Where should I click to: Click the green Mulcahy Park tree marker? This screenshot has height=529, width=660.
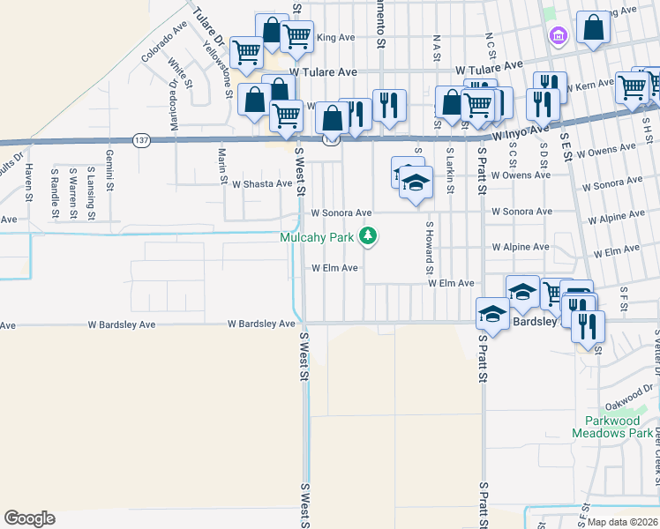(x=369, y=236)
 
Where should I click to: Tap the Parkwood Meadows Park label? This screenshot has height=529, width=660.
(x=611, y=427)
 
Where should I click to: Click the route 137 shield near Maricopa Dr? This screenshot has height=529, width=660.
(x=142, y=140)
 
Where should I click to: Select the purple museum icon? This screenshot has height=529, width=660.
(x=557, y=36)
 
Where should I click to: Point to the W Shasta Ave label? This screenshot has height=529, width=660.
(x=261, y=183)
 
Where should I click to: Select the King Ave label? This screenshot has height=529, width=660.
(x=334, y=38)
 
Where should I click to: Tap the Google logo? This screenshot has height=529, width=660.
(x=29, y=518)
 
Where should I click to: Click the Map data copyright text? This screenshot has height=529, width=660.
(x=623, y=522)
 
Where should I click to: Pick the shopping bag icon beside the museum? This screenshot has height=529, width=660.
(x=594, y=28)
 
